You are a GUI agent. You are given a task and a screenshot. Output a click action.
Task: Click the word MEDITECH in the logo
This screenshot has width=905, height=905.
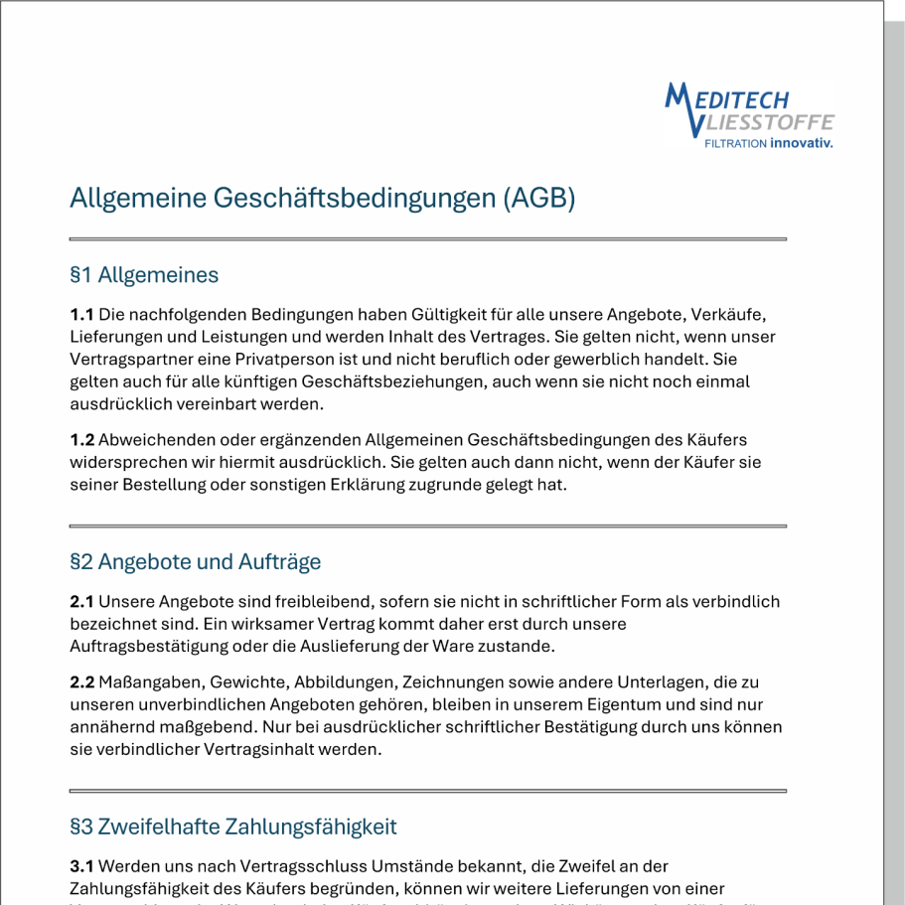point(728,99)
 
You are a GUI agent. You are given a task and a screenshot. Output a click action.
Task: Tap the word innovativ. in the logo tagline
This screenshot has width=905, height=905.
point(802,143)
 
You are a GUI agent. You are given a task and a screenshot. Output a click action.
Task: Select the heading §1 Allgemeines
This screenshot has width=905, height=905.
point(144,275)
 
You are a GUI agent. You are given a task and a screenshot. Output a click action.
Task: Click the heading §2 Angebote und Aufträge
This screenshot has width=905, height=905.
point(196,562)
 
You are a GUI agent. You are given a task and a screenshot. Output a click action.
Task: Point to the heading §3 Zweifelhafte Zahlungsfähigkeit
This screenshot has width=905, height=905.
point(233,828)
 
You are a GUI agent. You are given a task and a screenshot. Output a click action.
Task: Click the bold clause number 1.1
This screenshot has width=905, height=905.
point(81,315)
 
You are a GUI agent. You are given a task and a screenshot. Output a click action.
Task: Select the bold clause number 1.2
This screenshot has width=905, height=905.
point(81,440)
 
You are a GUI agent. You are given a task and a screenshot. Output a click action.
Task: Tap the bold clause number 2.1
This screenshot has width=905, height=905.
point(81,602)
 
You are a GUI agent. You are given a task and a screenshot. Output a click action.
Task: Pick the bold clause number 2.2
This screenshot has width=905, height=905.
point(81,682)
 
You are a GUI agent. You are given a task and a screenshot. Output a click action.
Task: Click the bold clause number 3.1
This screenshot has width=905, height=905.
point(81,867)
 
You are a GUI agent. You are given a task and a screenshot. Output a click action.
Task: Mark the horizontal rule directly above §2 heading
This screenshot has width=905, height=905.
point(427,526)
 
